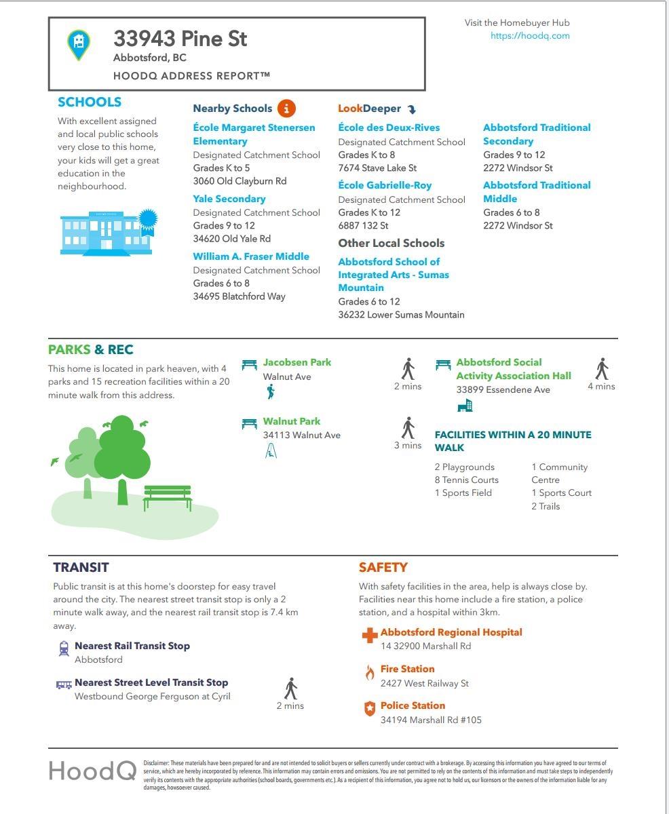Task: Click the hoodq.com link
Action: [530, 36]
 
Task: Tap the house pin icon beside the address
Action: [79, 44]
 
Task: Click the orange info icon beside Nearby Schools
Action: [286, 108]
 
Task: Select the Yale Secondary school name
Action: [229, 199]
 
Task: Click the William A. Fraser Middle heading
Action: [251, 256]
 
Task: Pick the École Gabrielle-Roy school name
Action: [385, 185]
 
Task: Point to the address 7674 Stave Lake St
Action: [377, 168]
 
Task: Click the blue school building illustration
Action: [107, 232]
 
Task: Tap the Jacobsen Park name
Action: [297, 362]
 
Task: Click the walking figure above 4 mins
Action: [602, 369]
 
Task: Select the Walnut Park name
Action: [292, 421]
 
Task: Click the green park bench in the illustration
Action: [168, 497]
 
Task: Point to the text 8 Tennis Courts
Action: [467, 480]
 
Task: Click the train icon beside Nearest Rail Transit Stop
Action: [64, 648]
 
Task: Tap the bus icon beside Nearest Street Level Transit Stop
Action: [64, 684]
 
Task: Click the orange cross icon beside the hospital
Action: [369, 636]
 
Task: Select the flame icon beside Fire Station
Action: [370, 672]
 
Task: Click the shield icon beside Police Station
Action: [369, 709]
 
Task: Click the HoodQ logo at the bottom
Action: [92, 771]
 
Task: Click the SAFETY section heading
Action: [383, 567]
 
